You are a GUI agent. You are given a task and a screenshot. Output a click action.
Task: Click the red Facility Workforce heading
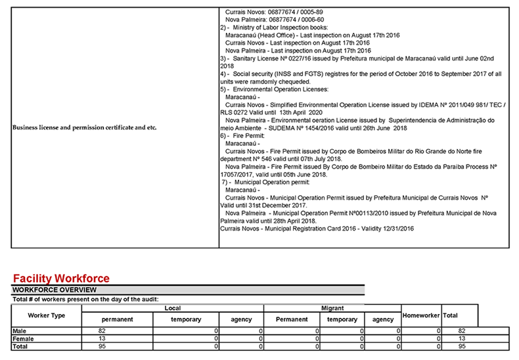(x=61, y=279)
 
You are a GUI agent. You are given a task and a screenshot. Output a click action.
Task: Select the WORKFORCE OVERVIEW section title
(x=55, y=290)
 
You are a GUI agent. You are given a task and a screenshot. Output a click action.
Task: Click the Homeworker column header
(x=420, y=316)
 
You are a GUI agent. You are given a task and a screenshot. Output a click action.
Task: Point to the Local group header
(x=172, y=308)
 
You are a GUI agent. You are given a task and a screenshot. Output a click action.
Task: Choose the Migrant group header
(x=332, y=308)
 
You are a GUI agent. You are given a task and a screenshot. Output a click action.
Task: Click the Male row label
(x=20, y=331)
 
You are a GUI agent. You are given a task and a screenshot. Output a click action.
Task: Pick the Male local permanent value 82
(x=102, y=331)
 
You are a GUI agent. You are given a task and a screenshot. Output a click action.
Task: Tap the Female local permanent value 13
(x=102, y=338)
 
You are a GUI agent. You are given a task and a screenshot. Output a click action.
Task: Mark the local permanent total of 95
(x=102, y=346)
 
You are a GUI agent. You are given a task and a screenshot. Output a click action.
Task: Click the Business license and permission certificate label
(x=85, y=127)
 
